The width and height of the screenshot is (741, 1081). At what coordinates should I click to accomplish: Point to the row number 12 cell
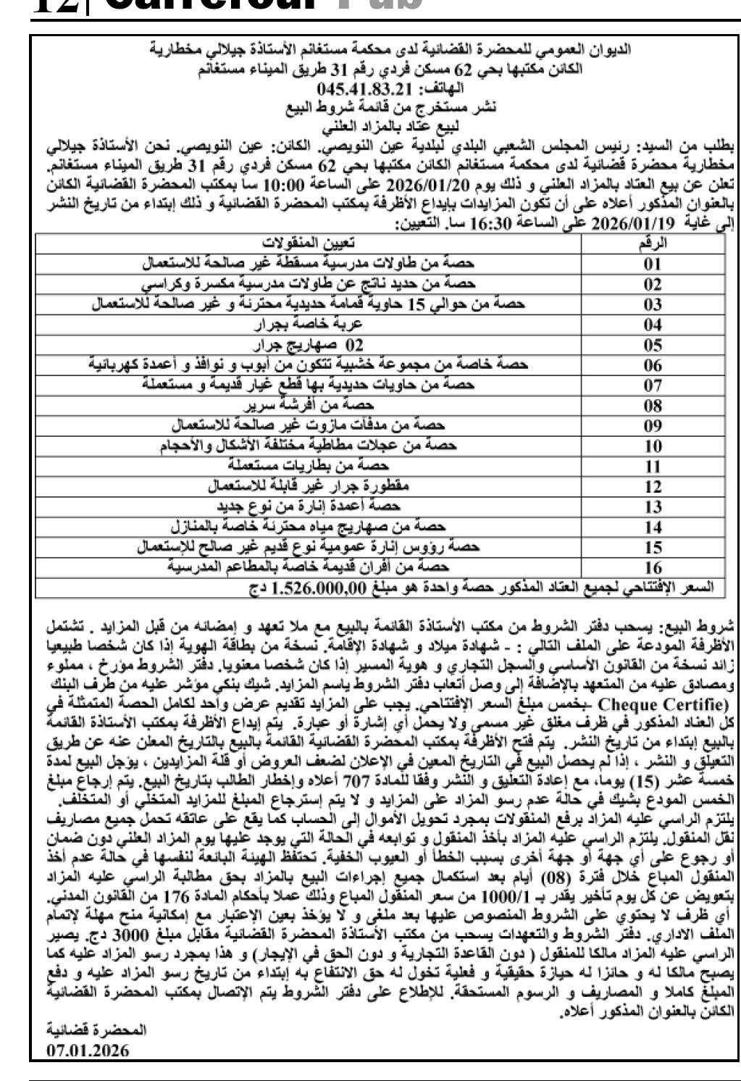coord(653,486)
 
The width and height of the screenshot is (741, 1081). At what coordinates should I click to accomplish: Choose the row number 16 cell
coord(653,567)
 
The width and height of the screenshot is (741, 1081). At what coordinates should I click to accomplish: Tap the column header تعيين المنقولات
coord(309,243)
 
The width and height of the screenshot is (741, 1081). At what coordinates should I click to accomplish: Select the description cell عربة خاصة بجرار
coord(309,324)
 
